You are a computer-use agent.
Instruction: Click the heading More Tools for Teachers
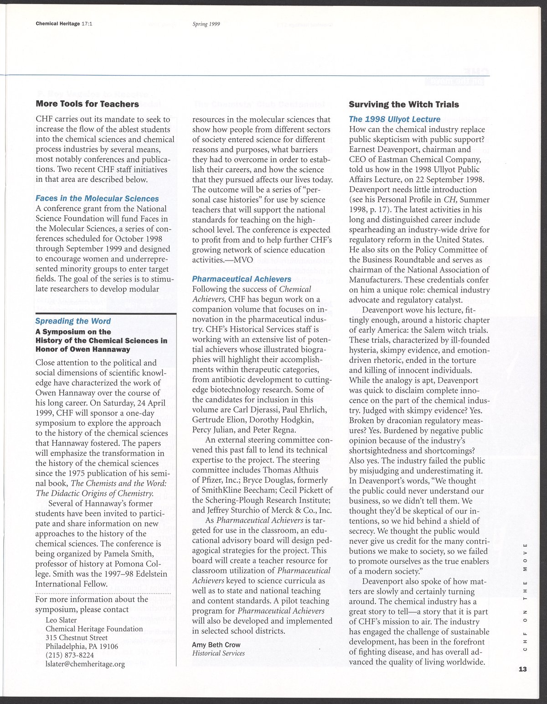click(x=87, y=104)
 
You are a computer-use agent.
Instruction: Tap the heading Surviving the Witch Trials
click(x=404, y=104)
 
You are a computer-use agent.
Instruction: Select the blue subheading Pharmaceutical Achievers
click(x=242, y=279)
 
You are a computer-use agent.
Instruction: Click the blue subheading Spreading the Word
click(x=73, y=321)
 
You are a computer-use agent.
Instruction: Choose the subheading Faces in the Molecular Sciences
click(x=97, y=198)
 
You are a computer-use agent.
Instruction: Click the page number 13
click(x=522, y=669)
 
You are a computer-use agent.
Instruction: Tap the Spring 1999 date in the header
click(x=206, y=24)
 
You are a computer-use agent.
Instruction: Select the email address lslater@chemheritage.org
click(x=85, y=664)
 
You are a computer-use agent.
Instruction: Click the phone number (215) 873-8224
click(x=70, y=655)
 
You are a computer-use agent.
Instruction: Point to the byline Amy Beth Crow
click(x=216, y=645)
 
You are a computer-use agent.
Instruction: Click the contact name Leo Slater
click(x=61, y=620)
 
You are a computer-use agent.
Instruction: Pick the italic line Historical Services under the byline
click(x=218, y=653)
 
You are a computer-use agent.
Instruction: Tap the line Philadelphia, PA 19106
click(x=82, y=646)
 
